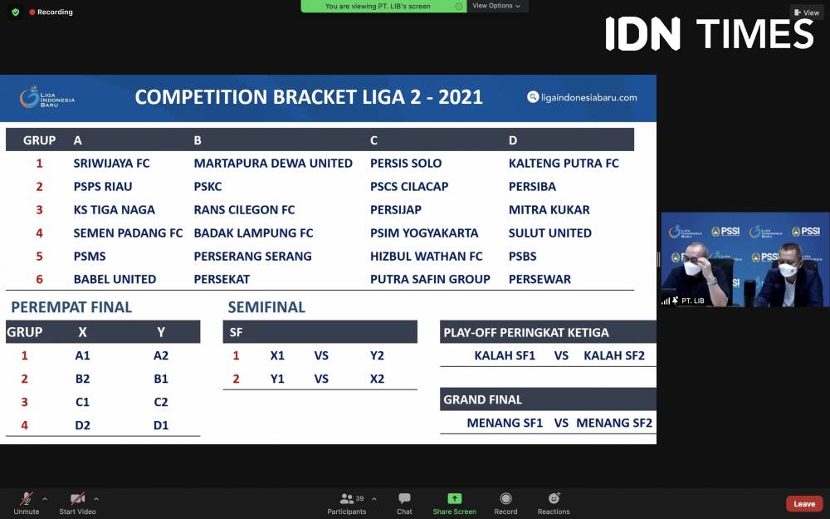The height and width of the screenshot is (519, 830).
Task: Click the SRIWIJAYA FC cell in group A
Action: tap(112, 163)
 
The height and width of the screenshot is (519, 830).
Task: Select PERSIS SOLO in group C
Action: tap(406, 163)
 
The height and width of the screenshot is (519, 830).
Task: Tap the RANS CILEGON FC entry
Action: tap(244, 210)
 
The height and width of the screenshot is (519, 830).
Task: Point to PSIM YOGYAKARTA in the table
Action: tap(424, 233)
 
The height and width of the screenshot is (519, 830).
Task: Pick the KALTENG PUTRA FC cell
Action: tap(564, 163)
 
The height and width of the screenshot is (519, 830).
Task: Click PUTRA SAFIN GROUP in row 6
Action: tap(430, 279)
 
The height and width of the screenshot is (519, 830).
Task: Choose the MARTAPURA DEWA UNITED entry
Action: tap(273, 163)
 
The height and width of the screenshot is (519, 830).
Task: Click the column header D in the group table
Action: tap(513, 140)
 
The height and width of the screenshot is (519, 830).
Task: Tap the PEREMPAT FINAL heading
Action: tap(71, 307)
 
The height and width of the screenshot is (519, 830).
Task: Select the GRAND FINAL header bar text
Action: tap(483, 399)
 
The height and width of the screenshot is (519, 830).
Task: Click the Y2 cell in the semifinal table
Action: tap(377, 355)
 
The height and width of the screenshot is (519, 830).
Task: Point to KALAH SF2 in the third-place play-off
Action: tap(614, 355)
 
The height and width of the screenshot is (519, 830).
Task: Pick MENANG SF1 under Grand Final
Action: tap(505, 423)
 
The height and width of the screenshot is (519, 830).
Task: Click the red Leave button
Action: tap(804, 504)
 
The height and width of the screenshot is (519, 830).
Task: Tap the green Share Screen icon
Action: tap(455, 498)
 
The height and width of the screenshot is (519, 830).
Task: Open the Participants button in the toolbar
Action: tap(347, 503)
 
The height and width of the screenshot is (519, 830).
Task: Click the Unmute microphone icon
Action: tap(26, 498)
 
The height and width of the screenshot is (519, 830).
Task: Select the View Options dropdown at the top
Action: tap(496, 6)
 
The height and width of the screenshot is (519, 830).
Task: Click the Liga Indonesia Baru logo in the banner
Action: tap(47, 98)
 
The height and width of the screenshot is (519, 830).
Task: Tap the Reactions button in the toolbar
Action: tap(554, 503)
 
